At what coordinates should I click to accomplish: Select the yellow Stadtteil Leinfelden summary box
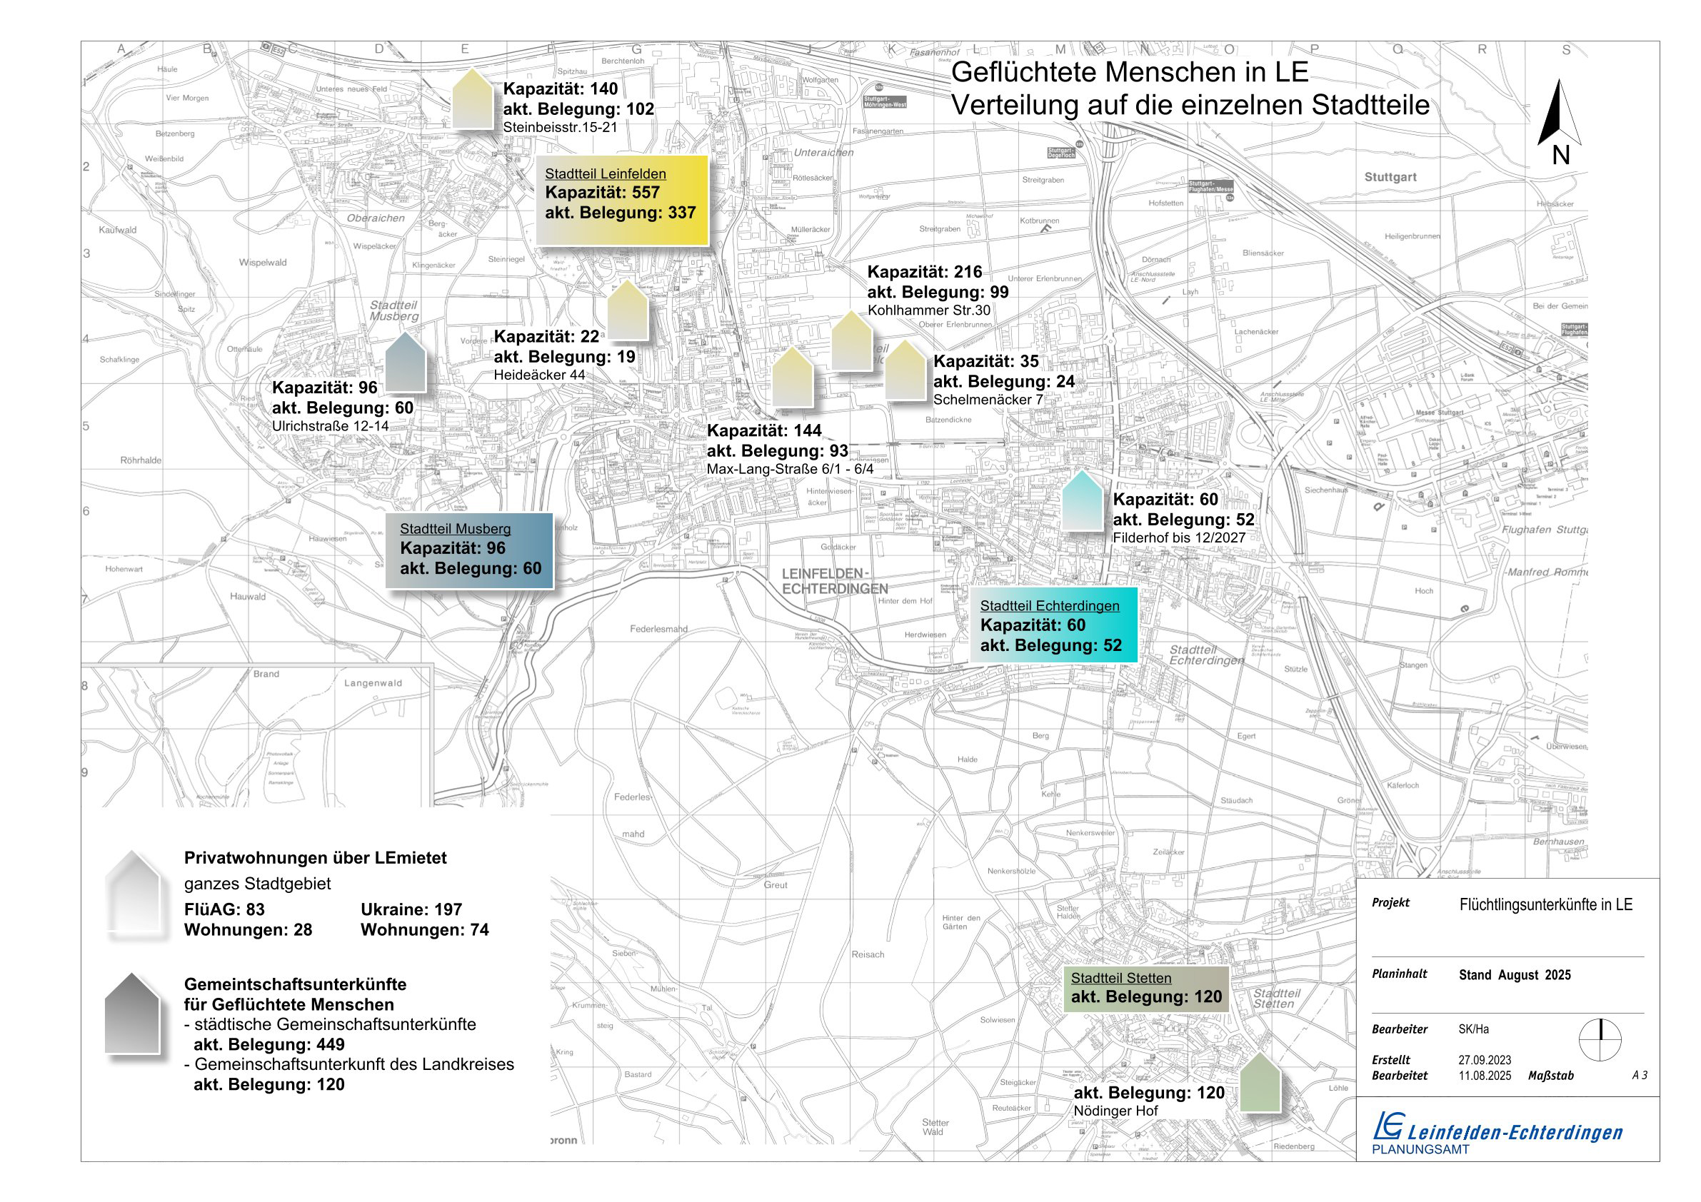coord(621,200)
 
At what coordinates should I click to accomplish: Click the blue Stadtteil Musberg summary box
coord(469,550)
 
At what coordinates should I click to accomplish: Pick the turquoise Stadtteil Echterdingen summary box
coord(1053,625)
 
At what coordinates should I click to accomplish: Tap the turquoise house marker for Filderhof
coord(1083,501)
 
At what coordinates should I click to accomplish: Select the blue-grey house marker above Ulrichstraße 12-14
coord(405,362)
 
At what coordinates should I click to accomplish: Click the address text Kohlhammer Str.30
coord(928,310)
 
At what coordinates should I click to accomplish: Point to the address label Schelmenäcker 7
coord(988,400)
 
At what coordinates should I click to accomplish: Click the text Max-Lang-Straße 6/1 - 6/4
coord(790,470)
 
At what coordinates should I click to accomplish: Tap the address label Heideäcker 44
coord(539,375)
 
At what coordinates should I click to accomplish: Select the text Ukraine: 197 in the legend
coord(411,909)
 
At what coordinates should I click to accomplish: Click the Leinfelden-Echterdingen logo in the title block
coord(1497,1131)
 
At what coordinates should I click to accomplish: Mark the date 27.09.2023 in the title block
coord(1485,1060)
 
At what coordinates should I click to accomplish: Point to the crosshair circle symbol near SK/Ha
coord(1600,1040)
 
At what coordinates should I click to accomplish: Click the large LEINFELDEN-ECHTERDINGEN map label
coord(834,582)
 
